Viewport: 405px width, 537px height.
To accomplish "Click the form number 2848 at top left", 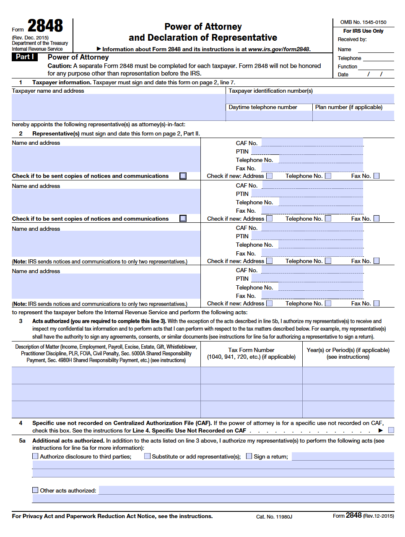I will click(45, 26).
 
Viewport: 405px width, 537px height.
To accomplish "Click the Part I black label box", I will click(25, 57).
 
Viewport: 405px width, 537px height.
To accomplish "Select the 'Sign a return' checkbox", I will click(249, 456).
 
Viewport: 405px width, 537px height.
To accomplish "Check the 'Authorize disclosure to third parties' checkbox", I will click(35, 456).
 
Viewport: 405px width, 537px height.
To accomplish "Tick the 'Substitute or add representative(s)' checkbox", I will click(147, 456).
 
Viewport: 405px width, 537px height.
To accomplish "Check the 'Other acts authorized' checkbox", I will click(35, 490).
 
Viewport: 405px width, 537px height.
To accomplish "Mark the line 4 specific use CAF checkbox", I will click(391, 430).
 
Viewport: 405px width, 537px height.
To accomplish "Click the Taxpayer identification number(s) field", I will click(310, 99).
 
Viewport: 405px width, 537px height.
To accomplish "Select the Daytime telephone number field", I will click(269, 116).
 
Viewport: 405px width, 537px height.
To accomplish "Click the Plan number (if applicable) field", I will click(353, 116).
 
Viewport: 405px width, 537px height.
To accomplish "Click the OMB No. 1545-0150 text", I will click(363, 22).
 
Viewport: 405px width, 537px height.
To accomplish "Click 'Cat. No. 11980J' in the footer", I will click(274, 517).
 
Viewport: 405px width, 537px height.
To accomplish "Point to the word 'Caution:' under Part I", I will click(60, 66).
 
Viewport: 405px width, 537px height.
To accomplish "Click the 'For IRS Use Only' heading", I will click(363, 31).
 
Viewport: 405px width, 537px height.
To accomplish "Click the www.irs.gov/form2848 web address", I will click(279, 49).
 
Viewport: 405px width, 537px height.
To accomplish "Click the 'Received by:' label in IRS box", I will click(352, 39).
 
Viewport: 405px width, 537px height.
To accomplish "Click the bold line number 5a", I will click(22, 441).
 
